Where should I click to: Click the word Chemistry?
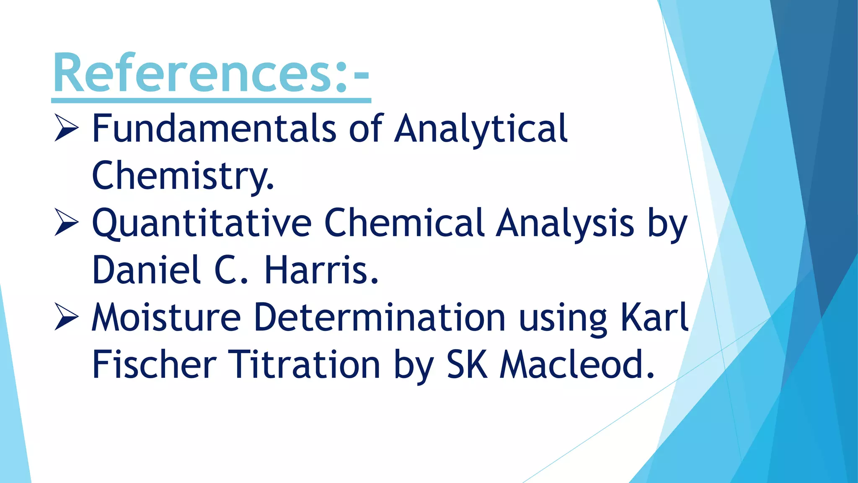pos(183,175)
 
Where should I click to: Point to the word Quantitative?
pos(202,223)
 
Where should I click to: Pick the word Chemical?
pos(404,223)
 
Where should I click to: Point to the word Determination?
pos(380,317)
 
